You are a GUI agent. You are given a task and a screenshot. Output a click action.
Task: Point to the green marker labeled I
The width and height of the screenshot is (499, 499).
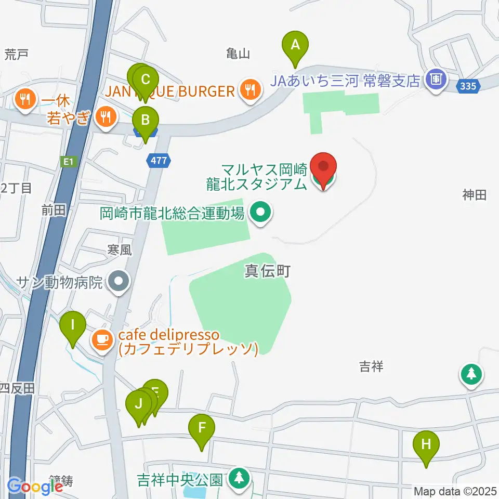pyautogui.click(x=72, y=326)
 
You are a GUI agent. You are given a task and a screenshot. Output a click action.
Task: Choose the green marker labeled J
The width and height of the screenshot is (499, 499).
pyautogui.click(x=138, y=404)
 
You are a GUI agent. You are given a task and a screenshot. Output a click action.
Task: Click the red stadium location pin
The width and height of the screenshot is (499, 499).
pyautogui.click(x=324, y=167)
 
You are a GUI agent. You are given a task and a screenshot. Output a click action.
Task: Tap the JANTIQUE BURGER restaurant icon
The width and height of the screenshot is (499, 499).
pyautogui.click(x=251, y=90)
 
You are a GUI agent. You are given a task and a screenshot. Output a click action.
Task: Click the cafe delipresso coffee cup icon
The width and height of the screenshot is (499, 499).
pyautogui.click(x=102, y=340)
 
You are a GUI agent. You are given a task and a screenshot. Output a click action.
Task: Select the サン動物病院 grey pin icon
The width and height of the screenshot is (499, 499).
pyautogui.click(x=119, y=282)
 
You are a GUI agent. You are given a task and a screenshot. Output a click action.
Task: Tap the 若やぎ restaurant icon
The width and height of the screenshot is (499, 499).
pyautogui.click(x=106, y=117)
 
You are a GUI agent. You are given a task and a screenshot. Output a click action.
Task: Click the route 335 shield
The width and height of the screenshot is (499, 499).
pyautogui.click(x=468, y=86)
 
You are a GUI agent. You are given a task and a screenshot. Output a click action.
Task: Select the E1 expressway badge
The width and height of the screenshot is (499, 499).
pyautogui.click(x=67, y=162)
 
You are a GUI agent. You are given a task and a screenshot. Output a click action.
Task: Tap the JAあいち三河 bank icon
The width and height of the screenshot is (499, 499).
pyautogui.click(x=434, y=80)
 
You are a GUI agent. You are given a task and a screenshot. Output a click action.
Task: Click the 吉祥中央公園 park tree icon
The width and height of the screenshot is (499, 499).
pyautogui.click(x=239, y=477)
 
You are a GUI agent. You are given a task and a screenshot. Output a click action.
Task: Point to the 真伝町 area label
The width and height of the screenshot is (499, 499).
pyautogui.click(x=267, y=271)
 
